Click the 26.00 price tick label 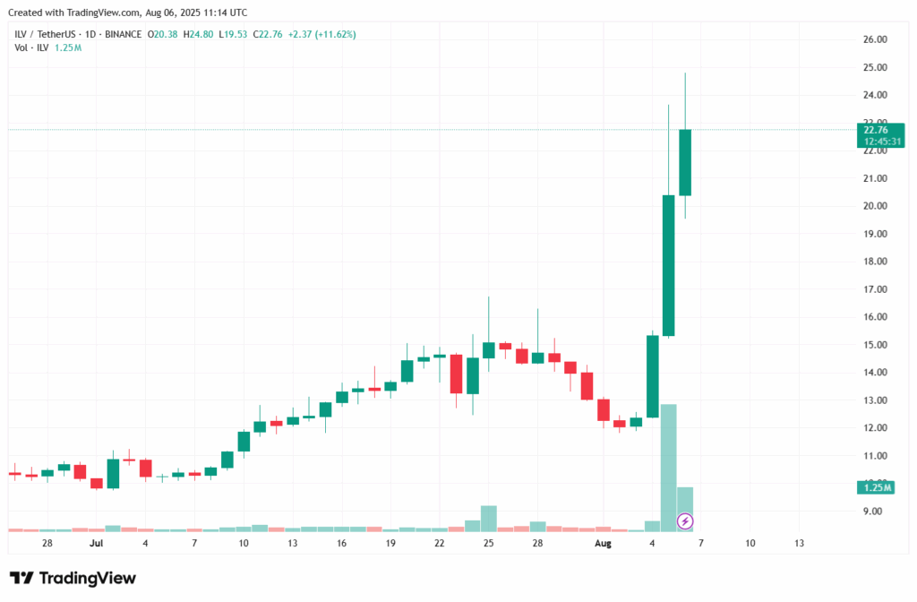(x=874, y=39)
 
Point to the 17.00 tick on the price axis (x=874, y=289)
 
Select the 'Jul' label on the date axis (x=97, y=543)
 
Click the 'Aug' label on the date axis (x=603, y=543)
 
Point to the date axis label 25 (x=489, y=543)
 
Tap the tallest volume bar (x=668, y=466)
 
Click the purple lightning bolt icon (x=685, y=520)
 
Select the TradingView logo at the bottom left (x=73, y=578)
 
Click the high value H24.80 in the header (x=199, y=34)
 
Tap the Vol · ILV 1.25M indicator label (x=47, y=47)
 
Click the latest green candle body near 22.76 (x=685, y=162)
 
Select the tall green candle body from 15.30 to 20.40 (x=668, y=265)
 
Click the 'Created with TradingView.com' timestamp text (x=129, y=13)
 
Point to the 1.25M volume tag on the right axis (x=874, y=486)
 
